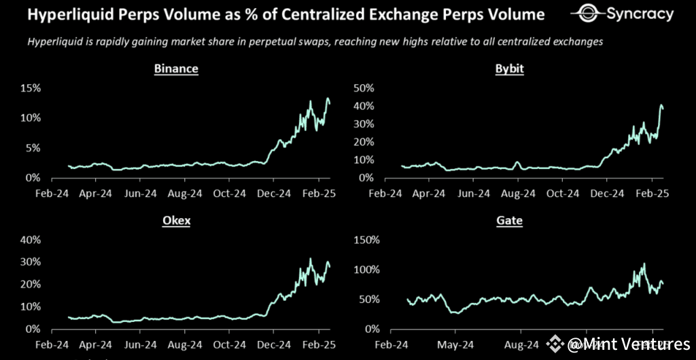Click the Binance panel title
coord(176,69)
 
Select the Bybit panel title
coord(510,69)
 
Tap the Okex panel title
coord(176,220)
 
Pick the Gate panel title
coord(510,220)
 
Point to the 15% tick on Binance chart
coord(31,88)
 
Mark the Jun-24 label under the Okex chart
coord(141,344)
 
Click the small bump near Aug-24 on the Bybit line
coord(517,163)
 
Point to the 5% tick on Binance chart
coord(34,148)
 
